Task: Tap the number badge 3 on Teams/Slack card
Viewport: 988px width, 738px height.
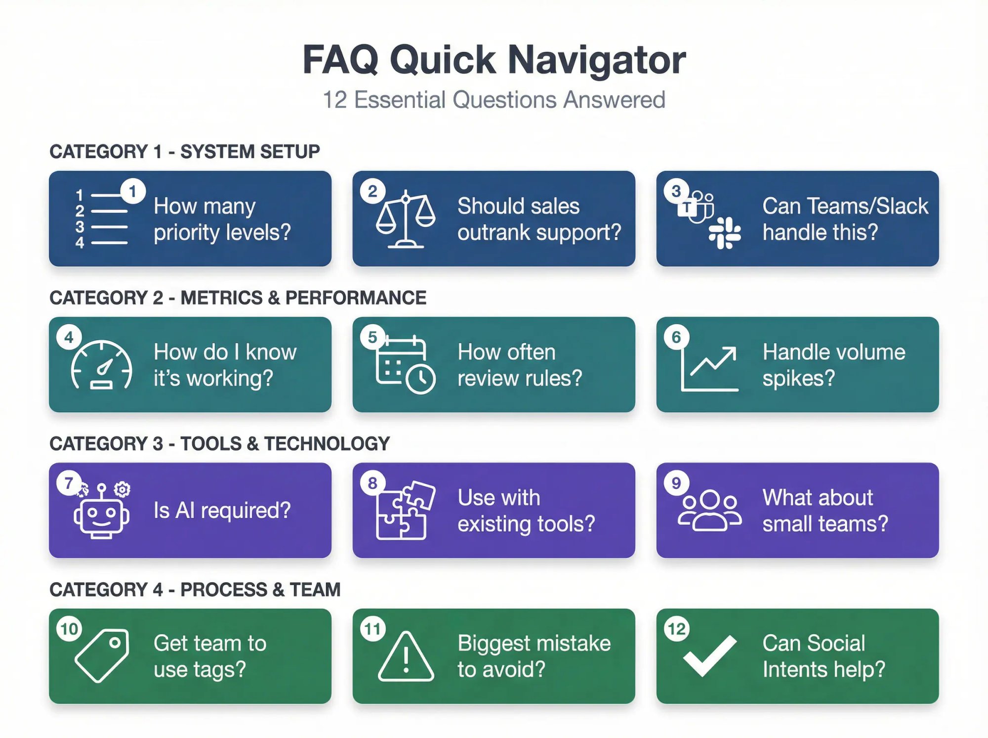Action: pyautogui.click(x=676, y=191)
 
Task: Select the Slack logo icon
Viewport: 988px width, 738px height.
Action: pyautogui.click(x=725, y=233)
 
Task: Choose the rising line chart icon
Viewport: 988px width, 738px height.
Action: pyautogui.click(x=709, y=369)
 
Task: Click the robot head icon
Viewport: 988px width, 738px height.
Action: pyautogui.click(x=102, y=514)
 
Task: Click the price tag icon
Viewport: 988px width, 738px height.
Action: pyautogui.click(x=102, y=655)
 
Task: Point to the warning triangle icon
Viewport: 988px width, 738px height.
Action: pyautogui.click(x=406, y=657)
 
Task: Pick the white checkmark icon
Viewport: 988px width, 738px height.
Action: pyautogui.click(x=710, y=655)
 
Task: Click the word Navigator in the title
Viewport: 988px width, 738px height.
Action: pyautogui.click(x=596, y=60)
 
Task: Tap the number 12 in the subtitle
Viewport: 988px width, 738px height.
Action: pyautogui.click(x=335, y=100)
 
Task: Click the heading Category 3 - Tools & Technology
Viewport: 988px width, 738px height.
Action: pyautogui.click(x=219, y=443)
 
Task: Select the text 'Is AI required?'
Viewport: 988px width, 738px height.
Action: pyautogui.click(x=222, y=510)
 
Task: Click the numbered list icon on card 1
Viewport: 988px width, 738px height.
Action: pyautogui.click(x=101, y=219)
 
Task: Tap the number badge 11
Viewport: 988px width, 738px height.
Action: pyautogui.click(x=372, y=629)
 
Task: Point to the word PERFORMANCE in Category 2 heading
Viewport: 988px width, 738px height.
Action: pyautogui.click(x=356, y=298)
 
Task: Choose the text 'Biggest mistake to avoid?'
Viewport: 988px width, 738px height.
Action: pyautogui.click(x=534, y=656)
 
